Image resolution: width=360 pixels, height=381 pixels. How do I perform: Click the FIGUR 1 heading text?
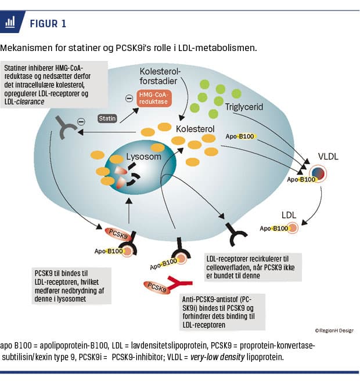pyautogui.click(x=48, y=23)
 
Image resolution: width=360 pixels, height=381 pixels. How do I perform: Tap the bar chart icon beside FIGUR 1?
pyautogui.click(x=10, y=23)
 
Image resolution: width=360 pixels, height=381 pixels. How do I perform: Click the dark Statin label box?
pyautogui.click(x=109, y=118)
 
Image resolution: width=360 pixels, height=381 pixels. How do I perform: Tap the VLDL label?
pyautogui.click(x=329, y=156)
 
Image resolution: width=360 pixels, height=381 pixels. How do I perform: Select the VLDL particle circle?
pyautogui.click(x=319, y=174)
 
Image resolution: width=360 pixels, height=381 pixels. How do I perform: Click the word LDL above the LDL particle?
pyautogui.click(x=289, y=215)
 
